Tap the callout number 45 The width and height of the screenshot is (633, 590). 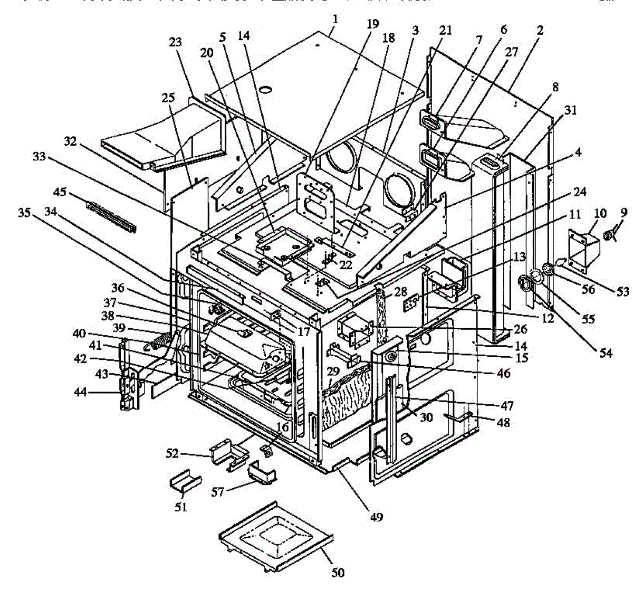(x=60, y=192)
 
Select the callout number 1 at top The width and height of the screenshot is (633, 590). (x=335, y=19)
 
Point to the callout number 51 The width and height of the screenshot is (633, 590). (x=181, y=507)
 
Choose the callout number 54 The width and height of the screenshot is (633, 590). (x=606, y=353)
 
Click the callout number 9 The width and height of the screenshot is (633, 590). (x=624, y=213)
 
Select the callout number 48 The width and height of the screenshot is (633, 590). (x=504, y=422)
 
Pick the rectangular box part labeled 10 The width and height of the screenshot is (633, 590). (x=581, y=251)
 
